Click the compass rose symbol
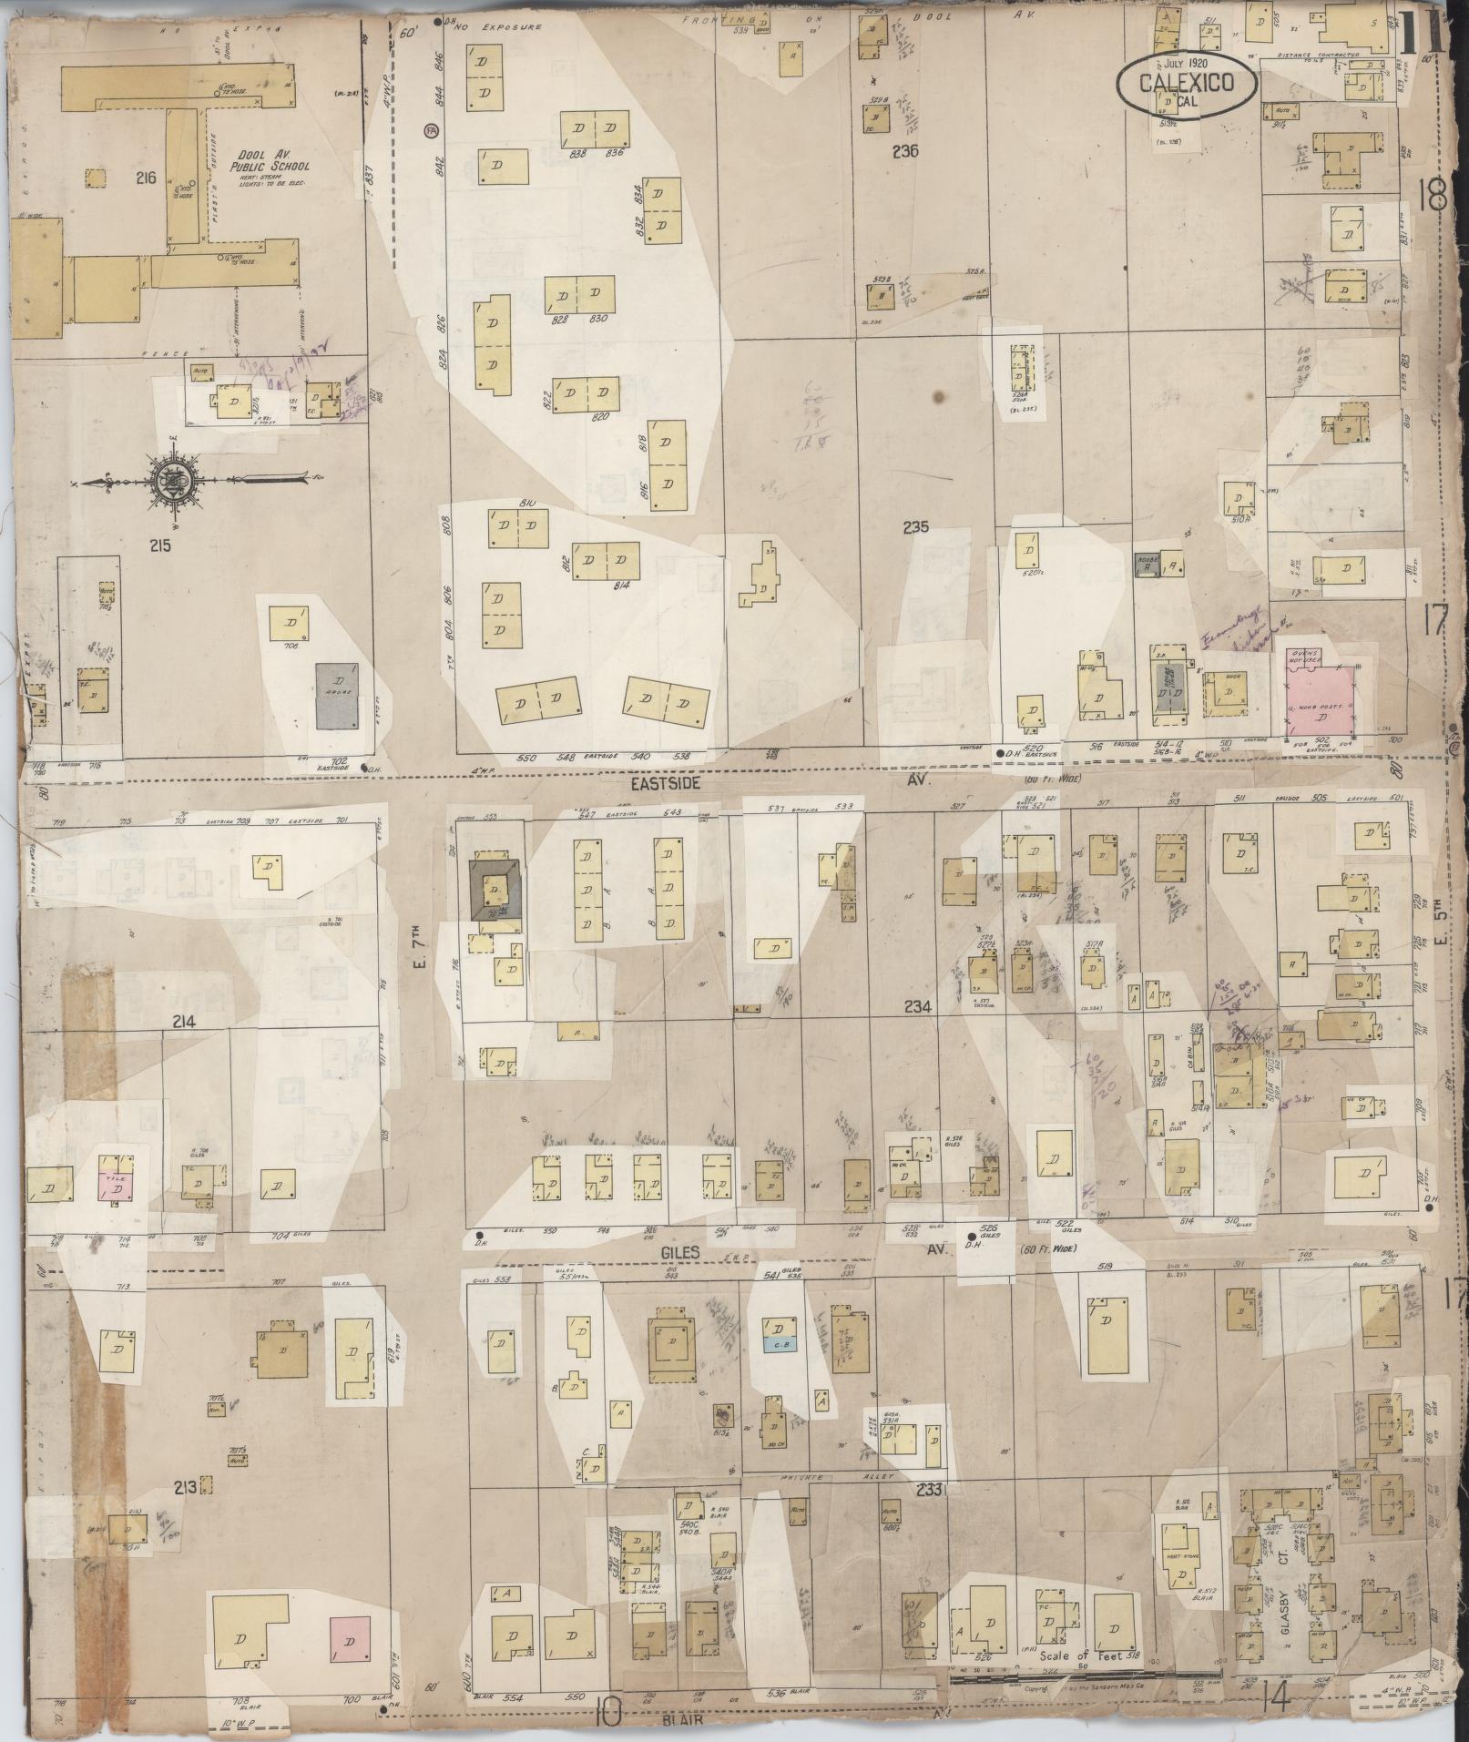(x=172, y=480)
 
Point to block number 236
(x=905, y=151)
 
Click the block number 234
(x=917, y=1007)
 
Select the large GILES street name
(x=680, y=1253)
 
